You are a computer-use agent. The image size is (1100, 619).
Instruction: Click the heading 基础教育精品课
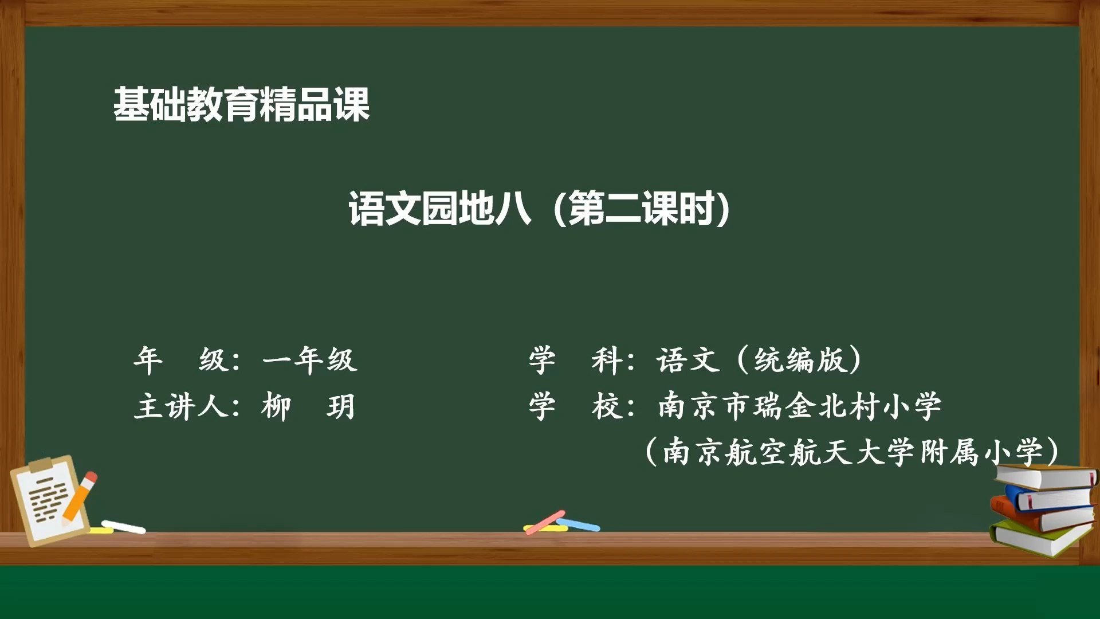click(x=241, y=104)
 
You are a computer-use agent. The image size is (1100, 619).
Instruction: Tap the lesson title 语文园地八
click(x=440, y=209)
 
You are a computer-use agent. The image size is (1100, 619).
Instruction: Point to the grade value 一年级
click(x=310, y=361)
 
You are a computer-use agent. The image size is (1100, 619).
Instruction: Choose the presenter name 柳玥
click(x=309, y=407)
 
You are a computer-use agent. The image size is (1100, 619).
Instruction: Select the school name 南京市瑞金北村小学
click(x=800, y=406)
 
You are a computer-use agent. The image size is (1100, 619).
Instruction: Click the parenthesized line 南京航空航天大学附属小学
click(x=852, y=452)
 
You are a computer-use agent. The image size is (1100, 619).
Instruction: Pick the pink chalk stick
click(x=545, y=522)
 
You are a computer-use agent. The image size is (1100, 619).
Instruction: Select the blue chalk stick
click(x=579, y=524)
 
